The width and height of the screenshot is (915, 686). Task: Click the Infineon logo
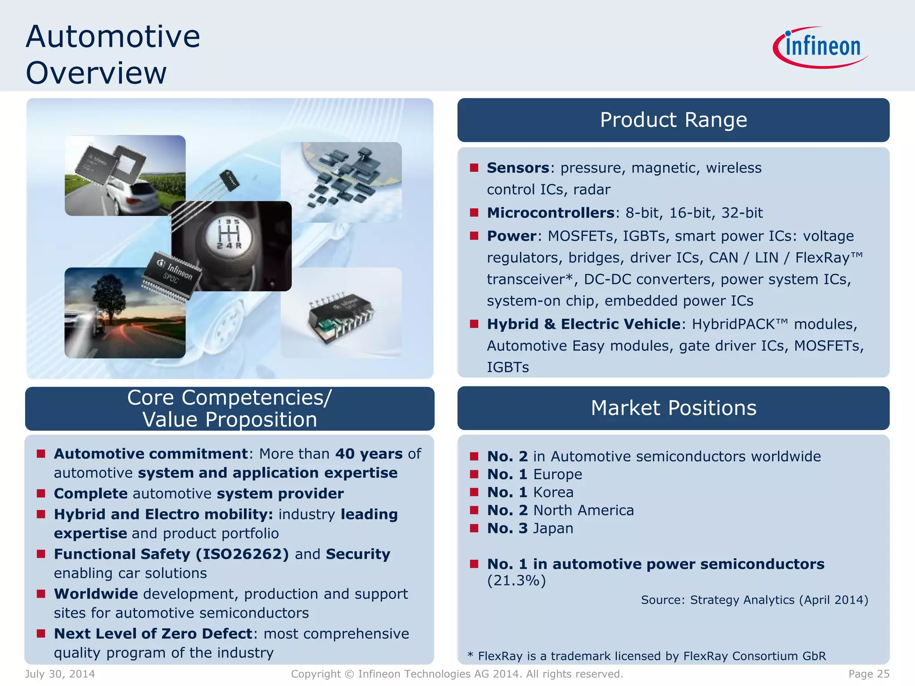821,47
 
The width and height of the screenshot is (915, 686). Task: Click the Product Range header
673,120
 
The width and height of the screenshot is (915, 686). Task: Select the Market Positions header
673,408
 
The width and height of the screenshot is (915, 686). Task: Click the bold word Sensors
518,168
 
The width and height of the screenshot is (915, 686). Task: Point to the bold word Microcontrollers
550,213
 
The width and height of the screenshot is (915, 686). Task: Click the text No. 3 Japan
530,528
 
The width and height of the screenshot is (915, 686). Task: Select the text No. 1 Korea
530,492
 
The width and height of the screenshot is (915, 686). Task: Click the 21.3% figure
516,581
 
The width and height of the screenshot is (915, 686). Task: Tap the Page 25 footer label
869,674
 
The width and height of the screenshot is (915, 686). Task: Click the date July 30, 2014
60,674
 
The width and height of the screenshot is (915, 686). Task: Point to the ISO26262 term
242,554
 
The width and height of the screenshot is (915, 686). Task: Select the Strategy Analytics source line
754,600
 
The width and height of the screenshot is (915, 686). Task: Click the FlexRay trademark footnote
646,656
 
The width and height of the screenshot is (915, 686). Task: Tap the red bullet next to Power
474,235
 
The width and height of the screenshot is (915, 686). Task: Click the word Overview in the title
96,73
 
